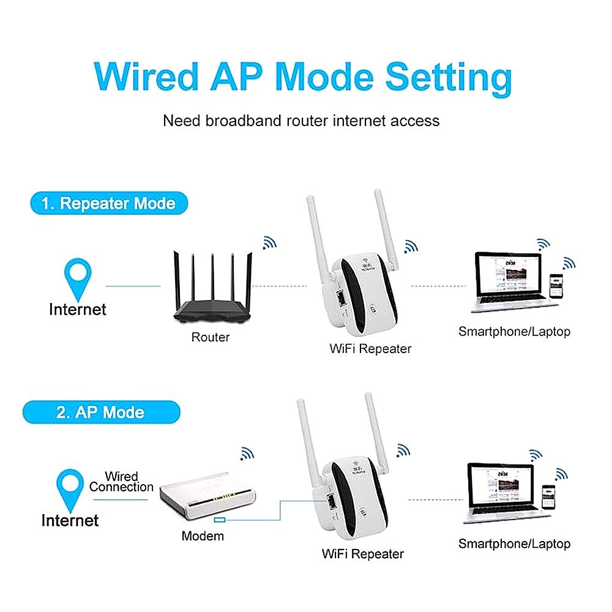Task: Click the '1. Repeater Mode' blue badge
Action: click(x=109, y=203)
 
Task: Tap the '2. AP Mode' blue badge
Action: click(x=100, y=412)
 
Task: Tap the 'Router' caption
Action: click(x=211, y=337)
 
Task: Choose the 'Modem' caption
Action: click(x=203, y=536)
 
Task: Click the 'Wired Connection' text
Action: click(x=121, y=482)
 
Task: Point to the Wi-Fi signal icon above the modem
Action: click(x=247, y=453)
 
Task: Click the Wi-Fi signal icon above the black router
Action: click(x=269, y=243)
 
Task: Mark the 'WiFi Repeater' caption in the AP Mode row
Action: click(x=363, y=554)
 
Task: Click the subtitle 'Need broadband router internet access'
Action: click(x=301, y=120)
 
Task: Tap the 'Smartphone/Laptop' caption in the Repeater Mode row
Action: click(x=514, y=332)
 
